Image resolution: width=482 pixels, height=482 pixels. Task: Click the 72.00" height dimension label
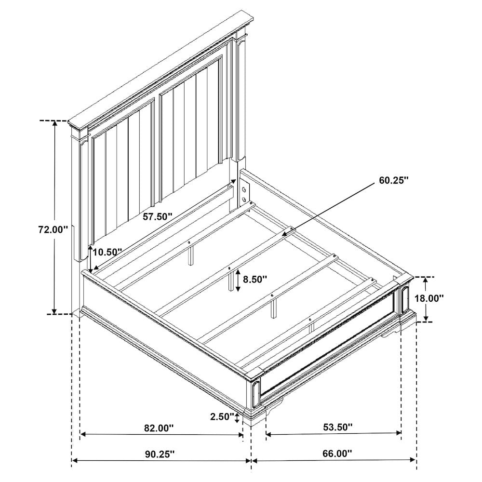[x=53, y=230]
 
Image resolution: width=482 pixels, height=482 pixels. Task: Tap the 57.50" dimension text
[x=157, y=217]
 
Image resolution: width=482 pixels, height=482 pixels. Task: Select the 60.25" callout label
[x=394, y=180]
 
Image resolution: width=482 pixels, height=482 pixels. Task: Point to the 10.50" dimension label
[x=107, y=253]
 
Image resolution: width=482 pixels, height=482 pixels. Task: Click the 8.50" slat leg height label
[x=255, y=280]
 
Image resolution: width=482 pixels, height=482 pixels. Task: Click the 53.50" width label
[x=337, y=427]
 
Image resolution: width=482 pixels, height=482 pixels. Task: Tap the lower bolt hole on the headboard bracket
[x=244, y=200]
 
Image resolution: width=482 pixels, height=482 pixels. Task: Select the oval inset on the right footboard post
[x=405, y=298]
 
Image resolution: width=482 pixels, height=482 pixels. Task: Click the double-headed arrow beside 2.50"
[x=237, y=417]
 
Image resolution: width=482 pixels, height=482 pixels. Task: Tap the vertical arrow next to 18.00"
[x=426, y=299]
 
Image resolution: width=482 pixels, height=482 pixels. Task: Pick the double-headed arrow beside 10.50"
[x=90, y=258]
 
